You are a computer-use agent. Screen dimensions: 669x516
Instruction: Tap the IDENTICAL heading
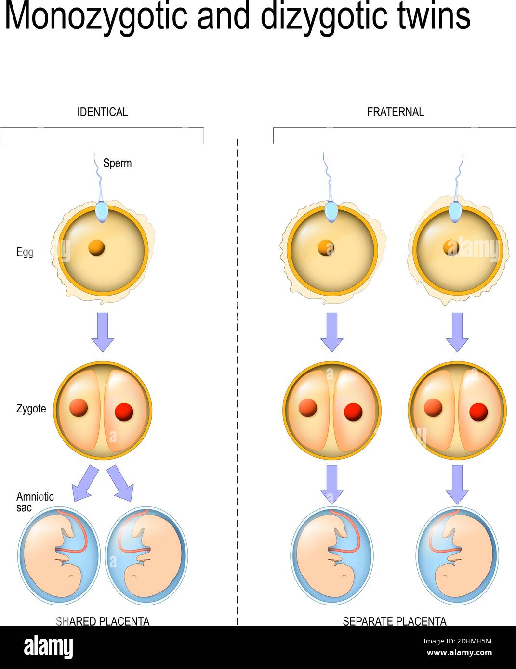[102, 112]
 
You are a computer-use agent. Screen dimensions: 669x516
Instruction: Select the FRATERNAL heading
[395, 112]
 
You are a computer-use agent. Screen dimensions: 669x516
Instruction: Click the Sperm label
[117, 163]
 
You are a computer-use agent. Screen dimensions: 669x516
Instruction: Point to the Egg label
[25, 252]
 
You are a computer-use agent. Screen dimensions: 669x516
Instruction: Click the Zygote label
[31, 409]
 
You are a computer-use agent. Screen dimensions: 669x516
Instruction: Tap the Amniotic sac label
[35, 502]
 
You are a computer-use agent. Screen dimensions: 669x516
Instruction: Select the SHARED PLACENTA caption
[103, 621]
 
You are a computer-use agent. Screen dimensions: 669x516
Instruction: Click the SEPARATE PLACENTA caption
[394, 621]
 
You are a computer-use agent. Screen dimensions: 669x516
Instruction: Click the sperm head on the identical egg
[102, 212]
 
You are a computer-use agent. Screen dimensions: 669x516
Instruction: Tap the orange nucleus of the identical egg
[96, 248]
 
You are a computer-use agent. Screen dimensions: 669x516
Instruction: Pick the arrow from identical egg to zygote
[103, 332]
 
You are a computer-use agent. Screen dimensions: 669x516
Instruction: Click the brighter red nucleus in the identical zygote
[124, 412]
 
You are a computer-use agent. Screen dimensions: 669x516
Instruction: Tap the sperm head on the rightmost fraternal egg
[455, 212]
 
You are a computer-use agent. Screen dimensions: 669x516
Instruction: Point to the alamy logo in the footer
[49, 647]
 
